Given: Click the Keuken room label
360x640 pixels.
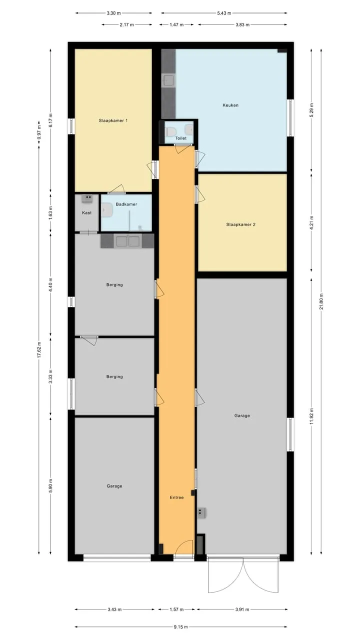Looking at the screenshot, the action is coord(230,105).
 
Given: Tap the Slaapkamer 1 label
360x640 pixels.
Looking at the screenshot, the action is coord(113,120).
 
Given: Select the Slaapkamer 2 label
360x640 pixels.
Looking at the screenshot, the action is coord(241,224).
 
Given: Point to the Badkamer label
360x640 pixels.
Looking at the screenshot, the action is coord(126,204).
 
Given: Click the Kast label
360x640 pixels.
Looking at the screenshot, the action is coord(87,212).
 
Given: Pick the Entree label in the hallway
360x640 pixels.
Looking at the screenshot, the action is coord(176,497).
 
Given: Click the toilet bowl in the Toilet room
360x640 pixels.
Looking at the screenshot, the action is coord(171,131).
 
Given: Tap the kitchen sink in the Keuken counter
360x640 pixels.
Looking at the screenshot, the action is coord(168,81).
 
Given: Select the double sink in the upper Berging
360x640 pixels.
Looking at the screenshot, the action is coord(127,241).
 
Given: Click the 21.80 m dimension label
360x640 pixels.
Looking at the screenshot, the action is coord(321,301).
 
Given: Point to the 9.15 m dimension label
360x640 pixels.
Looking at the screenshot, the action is coord(181,627).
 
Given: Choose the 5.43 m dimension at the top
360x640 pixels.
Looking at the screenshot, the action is coord(224,13).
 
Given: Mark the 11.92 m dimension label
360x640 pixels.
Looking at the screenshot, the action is coord(311,416).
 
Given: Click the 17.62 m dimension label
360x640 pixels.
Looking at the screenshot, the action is coord(39,349).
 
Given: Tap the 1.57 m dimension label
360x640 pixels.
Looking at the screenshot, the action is coord(176,609).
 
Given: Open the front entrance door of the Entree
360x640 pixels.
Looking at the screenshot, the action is coord(183,547).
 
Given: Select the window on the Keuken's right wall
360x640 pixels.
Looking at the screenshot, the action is coord(290,117).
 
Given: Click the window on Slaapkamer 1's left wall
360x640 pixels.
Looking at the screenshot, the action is coord(71,126).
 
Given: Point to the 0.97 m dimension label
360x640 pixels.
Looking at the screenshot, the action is coord(39,132).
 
